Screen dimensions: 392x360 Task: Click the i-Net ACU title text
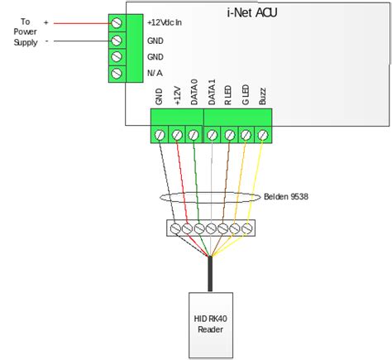pos(252,12)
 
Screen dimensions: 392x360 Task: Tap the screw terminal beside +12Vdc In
pos(117,23)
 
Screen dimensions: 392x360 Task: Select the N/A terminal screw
pos(117,73)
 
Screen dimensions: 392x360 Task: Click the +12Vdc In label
pos(165,22)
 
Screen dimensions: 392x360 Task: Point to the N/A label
pos(155,73)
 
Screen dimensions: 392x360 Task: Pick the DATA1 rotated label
pos(212,92)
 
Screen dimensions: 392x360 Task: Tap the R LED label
pos(228,95)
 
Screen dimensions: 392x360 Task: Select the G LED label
pos(246,95)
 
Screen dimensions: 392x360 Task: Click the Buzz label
pos(262,96)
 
